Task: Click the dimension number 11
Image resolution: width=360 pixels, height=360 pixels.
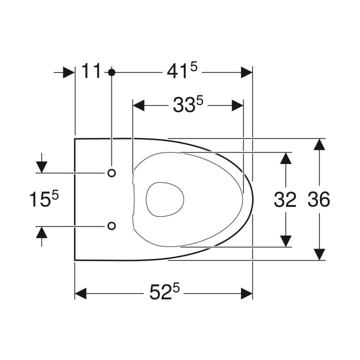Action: [91, 70]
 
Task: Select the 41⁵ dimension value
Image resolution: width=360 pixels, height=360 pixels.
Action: [182, 71]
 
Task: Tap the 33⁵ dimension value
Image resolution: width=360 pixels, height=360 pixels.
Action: [188, 104]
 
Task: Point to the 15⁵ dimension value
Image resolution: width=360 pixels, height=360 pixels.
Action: [44, 198]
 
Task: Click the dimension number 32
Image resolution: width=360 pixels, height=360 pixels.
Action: [285, 199]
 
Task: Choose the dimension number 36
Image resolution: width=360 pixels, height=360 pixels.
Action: [318, 199]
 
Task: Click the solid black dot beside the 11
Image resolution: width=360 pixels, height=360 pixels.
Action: [111, 72]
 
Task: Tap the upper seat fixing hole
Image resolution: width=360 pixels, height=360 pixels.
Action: [111, 173]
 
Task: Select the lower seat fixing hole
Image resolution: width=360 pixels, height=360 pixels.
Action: [111, 226]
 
